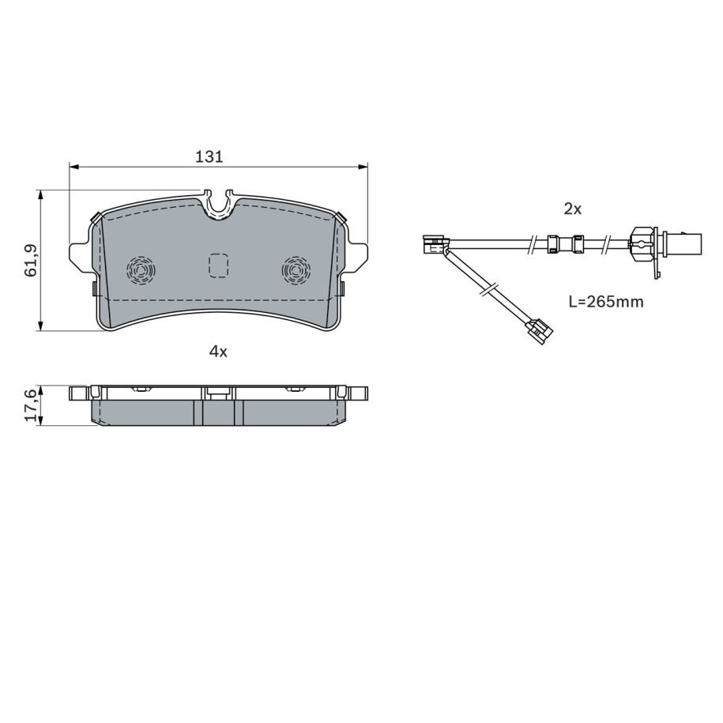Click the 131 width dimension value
(209, 156)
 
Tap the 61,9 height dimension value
(31, 260)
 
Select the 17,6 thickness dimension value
(31, 405)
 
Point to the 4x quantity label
(218, 352)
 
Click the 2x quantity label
(573, 209)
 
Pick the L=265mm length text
(606, 302)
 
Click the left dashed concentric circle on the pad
(141, 269)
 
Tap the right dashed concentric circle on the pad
(296, 269)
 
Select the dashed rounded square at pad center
(218, 266)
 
